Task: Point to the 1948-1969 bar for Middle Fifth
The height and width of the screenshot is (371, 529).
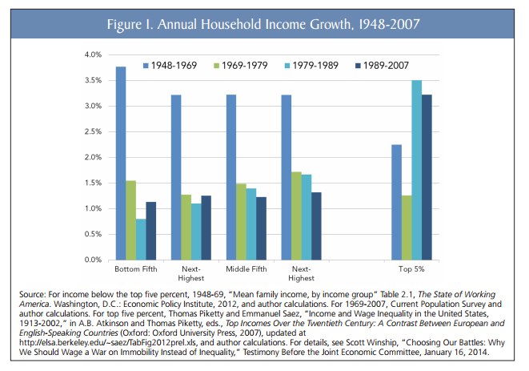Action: click(231, 177)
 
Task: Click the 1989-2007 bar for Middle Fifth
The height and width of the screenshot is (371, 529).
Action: click(262, 228)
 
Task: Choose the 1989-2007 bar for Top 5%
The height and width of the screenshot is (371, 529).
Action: click(427, 177)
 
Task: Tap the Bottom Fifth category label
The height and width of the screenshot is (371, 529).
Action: click(135, 269)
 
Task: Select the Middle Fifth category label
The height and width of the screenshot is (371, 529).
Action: click(246, 269)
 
